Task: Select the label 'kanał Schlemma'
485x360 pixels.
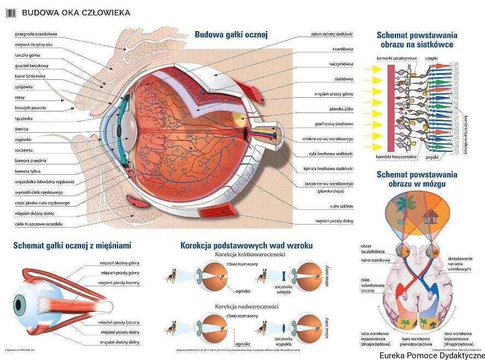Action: pos(30,76)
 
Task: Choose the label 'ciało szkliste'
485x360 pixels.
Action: pos(342,206)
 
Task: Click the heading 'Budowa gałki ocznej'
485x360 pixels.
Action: pos(231,34)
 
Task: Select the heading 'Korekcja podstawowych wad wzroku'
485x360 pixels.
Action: pos(246,246)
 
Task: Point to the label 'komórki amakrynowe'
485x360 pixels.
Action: pos(396,58)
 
